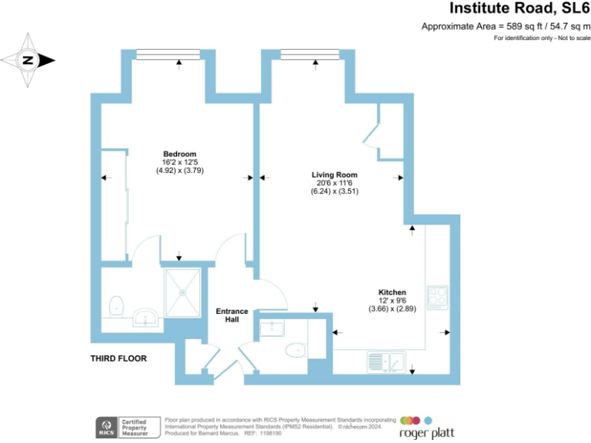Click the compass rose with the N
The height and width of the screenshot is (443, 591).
coord(28,59)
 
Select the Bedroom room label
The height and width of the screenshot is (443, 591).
coord(179,153)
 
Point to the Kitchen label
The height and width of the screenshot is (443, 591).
coord(392,292)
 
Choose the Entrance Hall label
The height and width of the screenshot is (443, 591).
coord(231,315)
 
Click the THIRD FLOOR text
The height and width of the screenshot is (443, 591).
coord(119,358)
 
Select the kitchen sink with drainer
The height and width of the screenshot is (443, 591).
coord(386,360)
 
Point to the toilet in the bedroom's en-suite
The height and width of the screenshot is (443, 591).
coord(116,305)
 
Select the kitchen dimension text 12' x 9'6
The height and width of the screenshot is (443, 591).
coord(392,301)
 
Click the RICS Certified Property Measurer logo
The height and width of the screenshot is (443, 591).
coord(128,427)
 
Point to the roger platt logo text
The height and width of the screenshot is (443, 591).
coord(431,433)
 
